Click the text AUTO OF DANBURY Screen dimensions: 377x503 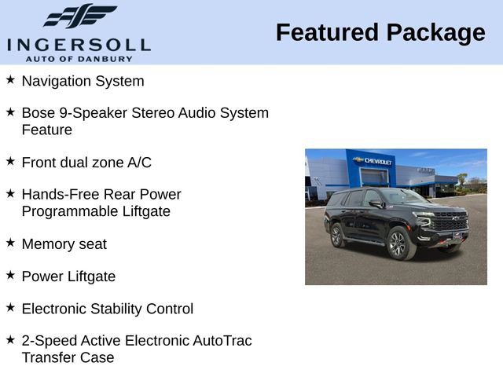coord(78,59)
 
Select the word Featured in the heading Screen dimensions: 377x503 coord(326,33)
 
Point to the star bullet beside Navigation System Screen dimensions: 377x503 coord(10,80)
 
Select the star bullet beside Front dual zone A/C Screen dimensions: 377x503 coord(10,162)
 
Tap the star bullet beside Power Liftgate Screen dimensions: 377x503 coord(10,276)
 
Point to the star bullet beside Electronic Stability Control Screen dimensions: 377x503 coord(10,308)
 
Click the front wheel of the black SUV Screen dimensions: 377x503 coord(397,243)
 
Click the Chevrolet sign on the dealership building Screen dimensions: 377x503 coord(375,161)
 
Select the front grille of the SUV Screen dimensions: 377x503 coord(450,224)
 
